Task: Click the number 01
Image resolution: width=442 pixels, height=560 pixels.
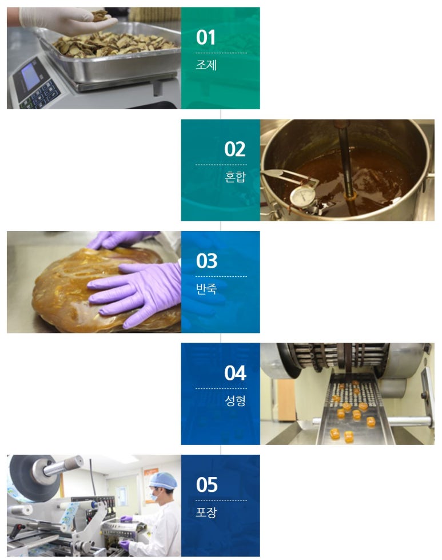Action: [x=206, y=38]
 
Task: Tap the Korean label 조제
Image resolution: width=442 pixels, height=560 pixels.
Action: [x=206, y=65]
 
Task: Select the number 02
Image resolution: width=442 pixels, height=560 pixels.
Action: [x=235, y=149]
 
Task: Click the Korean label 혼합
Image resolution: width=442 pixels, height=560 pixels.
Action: [x=235, y=177]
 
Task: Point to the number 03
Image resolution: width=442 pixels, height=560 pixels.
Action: [x=207, y=261]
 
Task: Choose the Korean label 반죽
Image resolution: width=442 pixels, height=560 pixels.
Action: [x=206, y=288]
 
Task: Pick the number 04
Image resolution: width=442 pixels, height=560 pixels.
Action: [x=235, y=373]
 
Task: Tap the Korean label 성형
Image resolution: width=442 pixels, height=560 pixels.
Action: [x=235, y=400]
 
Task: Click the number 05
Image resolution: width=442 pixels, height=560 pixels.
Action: [x=207, y=485]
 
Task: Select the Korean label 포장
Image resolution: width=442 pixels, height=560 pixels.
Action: [x=206, y=513]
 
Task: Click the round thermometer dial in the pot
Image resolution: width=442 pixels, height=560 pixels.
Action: [x=302, y=196]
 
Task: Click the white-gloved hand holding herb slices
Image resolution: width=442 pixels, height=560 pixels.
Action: [x=66, y=20]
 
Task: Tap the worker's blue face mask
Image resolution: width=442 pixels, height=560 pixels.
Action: [x=153, y=495]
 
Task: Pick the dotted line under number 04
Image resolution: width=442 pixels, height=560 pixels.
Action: [x=221, y=388]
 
